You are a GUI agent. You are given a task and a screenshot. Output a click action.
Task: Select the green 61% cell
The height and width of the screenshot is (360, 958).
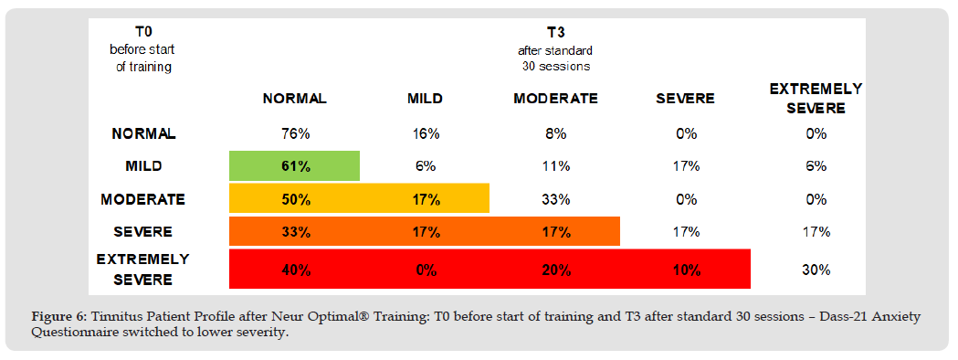(x=294, y=166)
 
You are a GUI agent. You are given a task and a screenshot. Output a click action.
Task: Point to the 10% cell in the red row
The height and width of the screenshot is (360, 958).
(x=686, y=270)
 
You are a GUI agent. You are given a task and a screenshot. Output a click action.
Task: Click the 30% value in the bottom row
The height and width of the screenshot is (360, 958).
(x=816, y=270)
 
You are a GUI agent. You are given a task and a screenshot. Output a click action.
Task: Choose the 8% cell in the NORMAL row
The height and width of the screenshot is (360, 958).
(x=555, y=134)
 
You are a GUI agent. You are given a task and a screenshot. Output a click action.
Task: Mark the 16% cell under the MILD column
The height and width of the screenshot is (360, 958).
(x=425, y=134)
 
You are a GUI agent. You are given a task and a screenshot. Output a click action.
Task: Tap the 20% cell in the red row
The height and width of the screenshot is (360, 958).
(x=555, y=270)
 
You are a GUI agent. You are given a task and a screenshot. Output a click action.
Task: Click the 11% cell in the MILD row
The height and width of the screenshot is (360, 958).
(x=555, y=166)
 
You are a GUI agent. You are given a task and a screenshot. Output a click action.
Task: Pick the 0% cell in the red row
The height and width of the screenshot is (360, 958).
(x=425, y=270)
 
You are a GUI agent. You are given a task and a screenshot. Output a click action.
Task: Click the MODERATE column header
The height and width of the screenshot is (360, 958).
(x=555, y=99)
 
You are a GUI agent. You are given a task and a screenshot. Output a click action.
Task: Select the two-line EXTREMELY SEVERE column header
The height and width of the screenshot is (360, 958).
(x=816, y=99)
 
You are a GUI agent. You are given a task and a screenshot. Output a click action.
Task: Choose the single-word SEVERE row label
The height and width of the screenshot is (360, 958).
(x=143, y=232)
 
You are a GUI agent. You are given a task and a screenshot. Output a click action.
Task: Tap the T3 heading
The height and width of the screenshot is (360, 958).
(x=555, y=33)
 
